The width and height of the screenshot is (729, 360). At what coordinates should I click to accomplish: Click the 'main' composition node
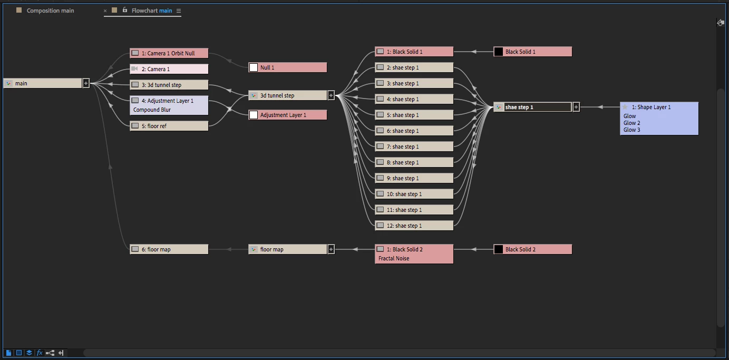(42, 83)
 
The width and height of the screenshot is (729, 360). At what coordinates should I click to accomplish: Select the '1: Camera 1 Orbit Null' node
(169, 53)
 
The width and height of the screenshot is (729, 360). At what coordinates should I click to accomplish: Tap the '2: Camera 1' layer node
(169, 69)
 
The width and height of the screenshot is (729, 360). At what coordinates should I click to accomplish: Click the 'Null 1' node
(288, 67)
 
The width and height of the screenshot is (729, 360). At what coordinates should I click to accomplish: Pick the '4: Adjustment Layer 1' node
(169, 101)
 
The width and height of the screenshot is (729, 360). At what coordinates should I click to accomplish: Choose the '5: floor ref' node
(169, 126)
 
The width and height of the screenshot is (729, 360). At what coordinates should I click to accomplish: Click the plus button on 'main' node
(86, 83)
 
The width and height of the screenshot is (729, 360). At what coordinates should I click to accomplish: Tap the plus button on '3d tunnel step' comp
(331, 95)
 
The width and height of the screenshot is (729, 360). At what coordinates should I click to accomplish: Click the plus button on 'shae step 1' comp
(576, 107)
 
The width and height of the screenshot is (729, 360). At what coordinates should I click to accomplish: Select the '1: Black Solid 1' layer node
(414, 52)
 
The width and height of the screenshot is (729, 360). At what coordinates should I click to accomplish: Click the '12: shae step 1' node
(414, 226)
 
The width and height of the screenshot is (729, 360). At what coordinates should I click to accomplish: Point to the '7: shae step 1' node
(414, 147)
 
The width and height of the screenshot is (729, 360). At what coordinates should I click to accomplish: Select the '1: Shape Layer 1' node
(659, 107)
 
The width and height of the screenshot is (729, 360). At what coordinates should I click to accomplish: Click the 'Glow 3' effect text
(632, 130)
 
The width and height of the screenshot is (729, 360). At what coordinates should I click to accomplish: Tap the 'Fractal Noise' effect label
(394, 258)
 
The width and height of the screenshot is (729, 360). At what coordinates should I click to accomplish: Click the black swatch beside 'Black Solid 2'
(498, 249)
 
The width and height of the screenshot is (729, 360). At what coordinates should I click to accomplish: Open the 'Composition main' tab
(50, 11)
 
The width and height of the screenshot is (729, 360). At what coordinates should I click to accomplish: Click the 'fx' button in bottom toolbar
(40, 353)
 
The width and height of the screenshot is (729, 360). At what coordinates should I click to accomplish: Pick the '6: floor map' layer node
(169, 249)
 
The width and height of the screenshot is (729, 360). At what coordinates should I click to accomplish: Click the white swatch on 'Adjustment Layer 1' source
(254, 115)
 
